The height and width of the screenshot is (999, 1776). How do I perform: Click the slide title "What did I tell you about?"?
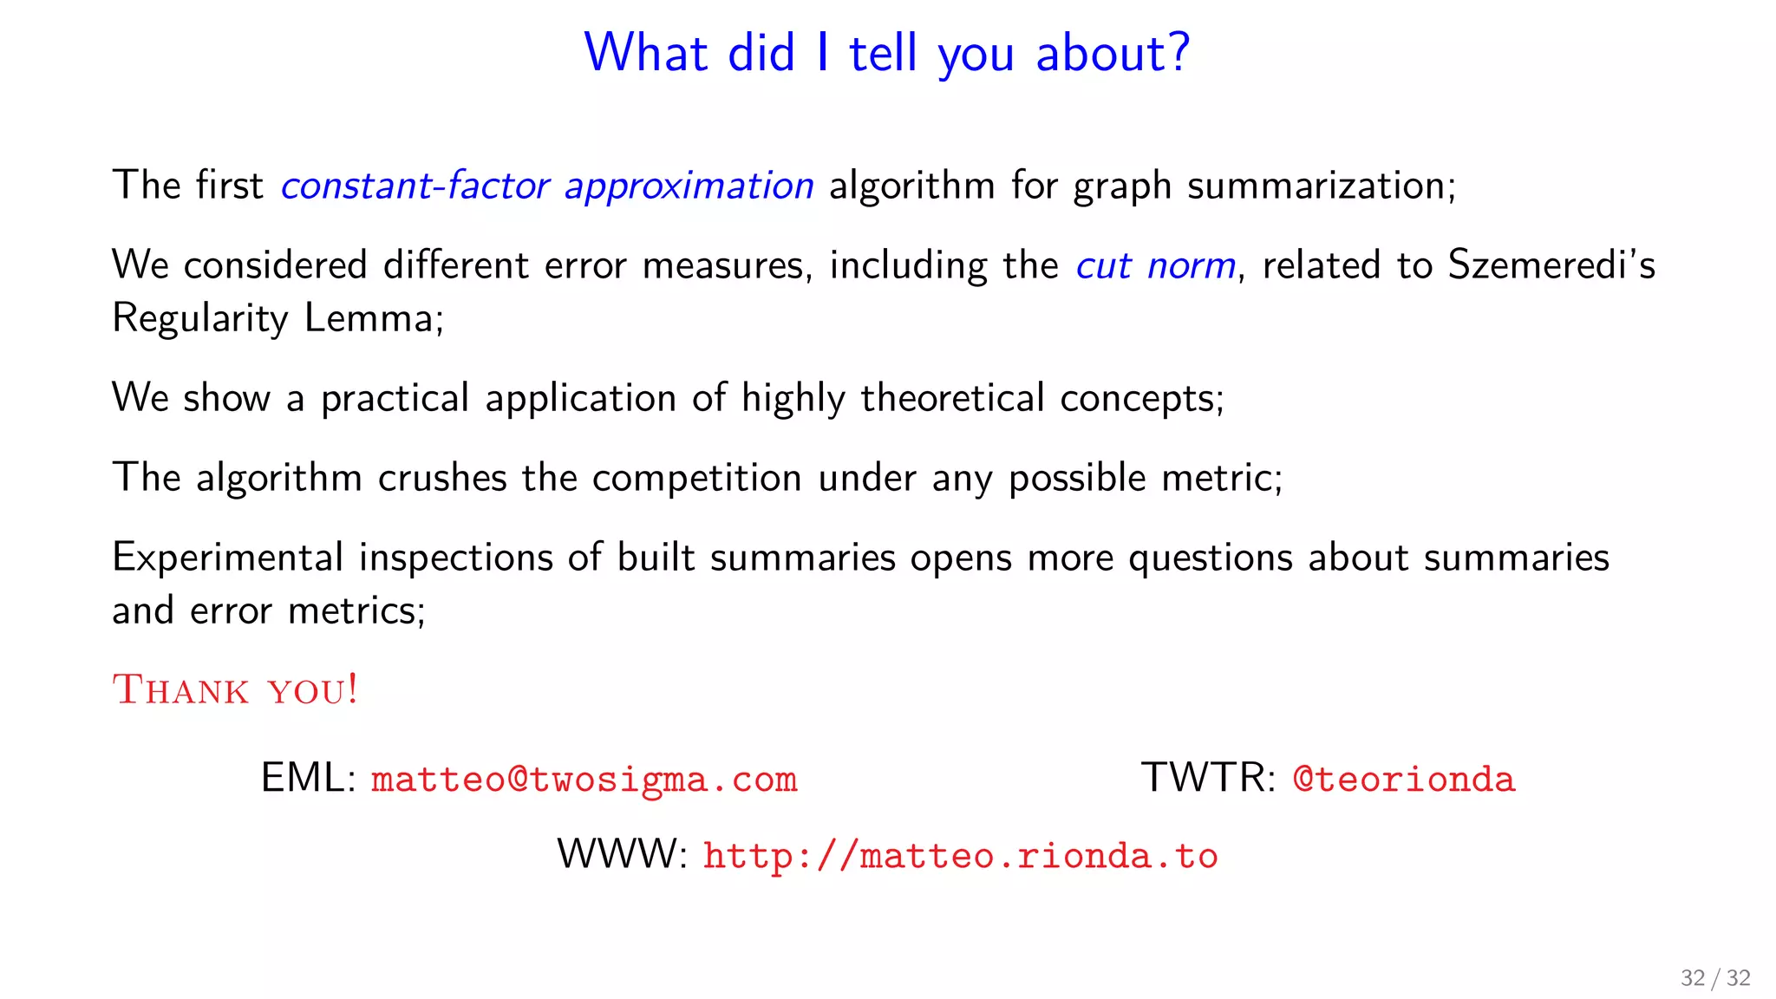(x=887, y=53)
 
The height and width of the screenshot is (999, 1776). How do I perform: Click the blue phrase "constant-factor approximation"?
(x=547, y=186)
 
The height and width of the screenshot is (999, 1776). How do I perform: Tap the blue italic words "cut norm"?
(x=1155, y=265)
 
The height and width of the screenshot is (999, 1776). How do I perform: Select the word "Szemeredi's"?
(x=1551, y=264)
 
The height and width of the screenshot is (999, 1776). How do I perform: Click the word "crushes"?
(x=442, y=478)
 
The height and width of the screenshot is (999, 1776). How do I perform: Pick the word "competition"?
(x=696, y=479)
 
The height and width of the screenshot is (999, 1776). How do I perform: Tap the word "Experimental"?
(x=228, y=558)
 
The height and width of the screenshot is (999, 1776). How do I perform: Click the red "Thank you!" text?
(x=235, y=690)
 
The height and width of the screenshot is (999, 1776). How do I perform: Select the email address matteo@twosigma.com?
(x=584, y=779)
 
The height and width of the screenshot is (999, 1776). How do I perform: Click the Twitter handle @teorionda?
(x=1403, y=779)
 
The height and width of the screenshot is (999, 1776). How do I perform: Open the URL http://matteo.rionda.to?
(x=960, y=856)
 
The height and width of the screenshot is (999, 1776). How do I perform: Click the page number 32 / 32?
(x=1714, y=978)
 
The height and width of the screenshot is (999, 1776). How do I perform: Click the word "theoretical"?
(x=952, y=398)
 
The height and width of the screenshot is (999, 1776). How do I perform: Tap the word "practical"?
(x=395, y=399)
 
